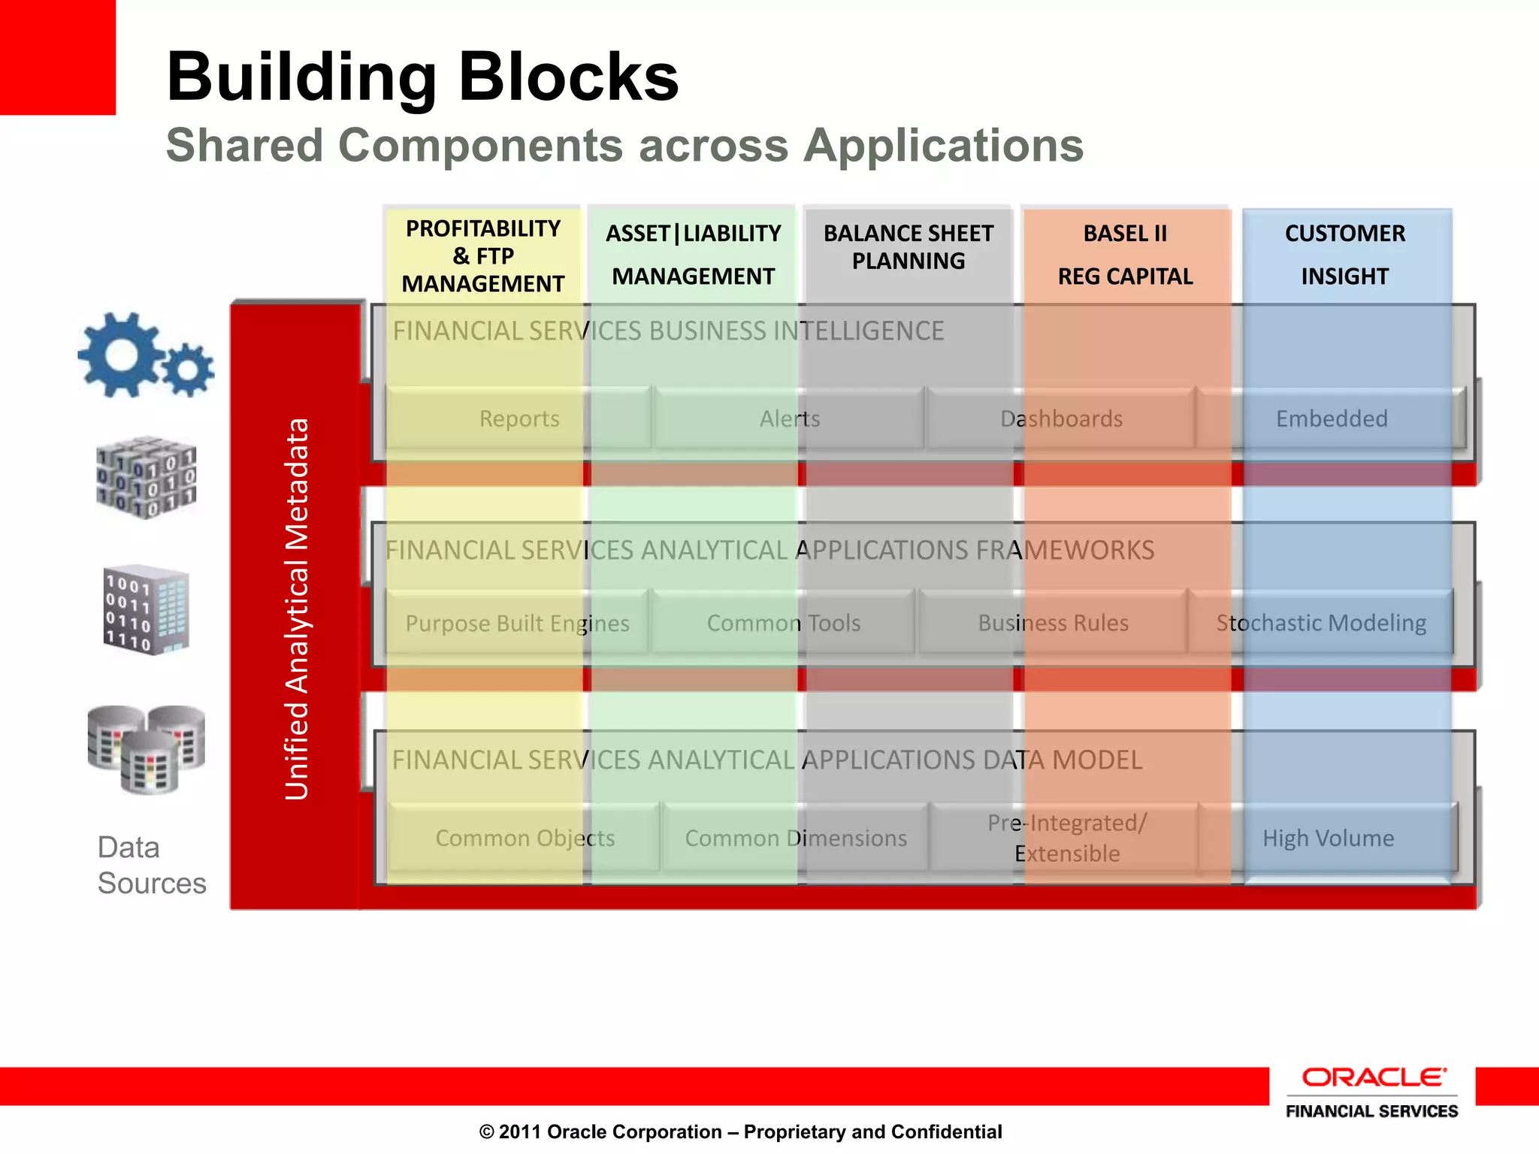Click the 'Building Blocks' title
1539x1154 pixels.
[x=422, y=77]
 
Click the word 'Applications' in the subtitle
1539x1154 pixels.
[x=943, y=145]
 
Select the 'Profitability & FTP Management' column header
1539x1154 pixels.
[x=482, y=256]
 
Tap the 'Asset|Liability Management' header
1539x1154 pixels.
[x=693, y=255]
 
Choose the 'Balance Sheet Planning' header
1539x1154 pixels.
[x=908, y=247]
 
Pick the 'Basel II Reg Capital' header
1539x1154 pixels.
[x=1125, y=255]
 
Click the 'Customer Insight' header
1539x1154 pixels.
[x=1344, y=255]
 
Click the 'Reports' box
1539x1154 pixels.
[x=519, y=418]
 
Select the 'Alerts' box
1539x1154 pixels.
[x=789, y=418]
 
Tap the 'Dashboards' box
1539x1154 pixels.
[x=1060, y=418]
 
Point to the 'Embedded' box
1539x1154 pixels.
[x=1331, y=418]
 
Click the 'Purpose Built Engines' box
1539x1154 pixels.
[x=517, y=623]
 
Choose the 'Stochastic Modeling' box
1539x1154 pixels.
[x=1321, y=623]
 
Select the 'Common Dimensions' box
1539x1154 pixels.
[x=795, y=838]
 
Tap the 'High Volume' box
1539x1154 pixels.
[x=1328, y=838]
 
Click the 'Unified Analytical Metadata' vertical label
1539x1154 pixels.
[x=297, y=609]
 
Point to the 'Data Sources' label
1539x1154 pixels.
[x=151, y=865]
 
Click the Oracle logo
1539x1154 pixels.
[x=1372, y=1077]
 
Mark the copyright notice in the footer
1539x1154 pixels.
[x=740, y=1131]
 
